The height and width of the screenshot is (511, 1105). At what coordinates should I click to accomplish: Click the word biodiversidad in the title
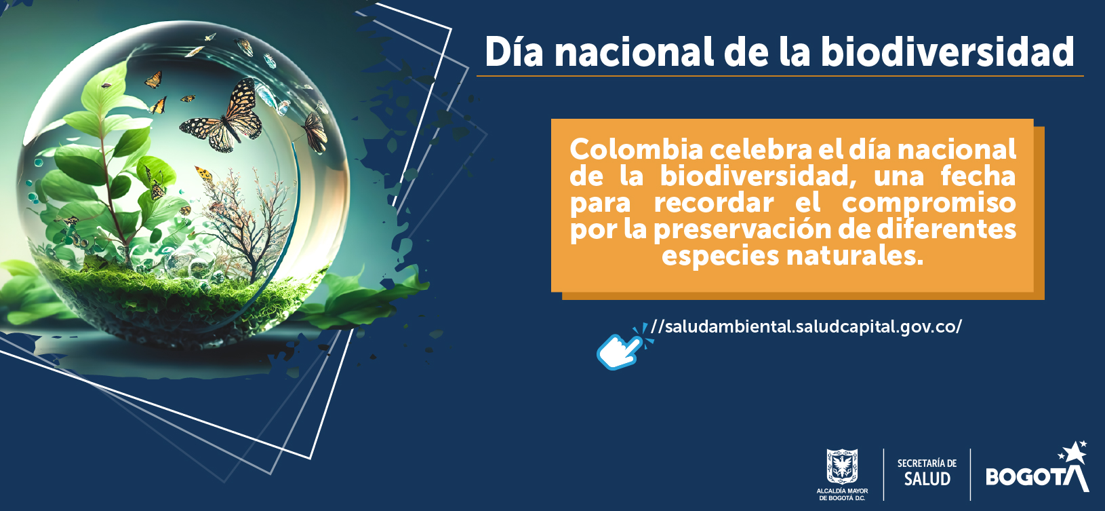948,52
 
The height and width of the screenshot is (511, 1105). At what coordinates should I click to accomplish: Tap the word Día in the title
514,52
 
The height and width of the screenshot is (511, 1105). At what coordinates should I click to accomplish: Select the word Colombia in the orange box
637,149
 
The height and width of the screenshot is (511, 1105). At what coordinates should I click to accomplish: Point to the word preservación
758,230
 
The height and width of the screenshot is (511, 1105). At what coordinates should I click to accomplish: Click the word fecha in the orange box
978,176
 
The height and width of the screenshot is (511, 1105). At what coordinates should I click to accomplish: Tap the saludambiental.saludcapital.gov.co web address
806,327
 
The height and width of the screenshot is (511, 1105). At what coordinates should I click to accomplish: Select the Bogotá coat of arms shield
842,466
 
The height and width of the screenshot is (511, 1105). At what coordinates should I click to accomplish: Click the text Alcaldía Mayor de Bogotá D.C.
842,494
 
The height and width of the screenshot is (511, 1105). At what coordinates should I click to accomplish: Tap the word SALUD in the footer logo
927,479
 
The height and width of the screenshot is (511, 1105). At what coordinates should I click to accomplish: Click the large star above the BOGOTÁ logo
1075,453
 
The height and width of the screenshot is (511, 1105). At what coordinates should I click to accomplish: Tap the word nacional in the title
634,52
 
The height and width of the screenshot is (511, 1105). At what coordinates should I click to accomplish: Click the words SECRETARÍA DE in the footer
927,463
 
